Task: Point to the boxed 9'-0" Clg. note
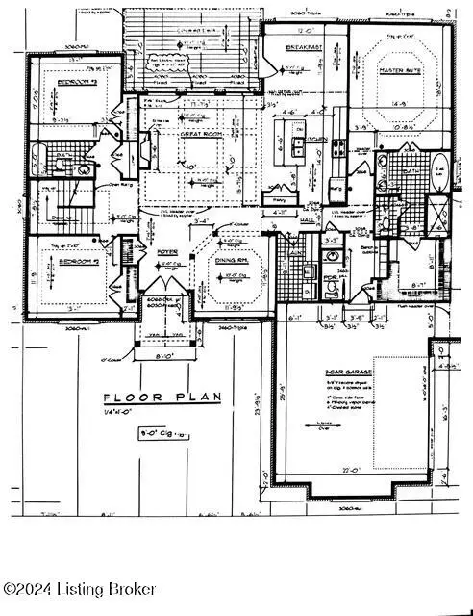[x=161, y=433]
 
